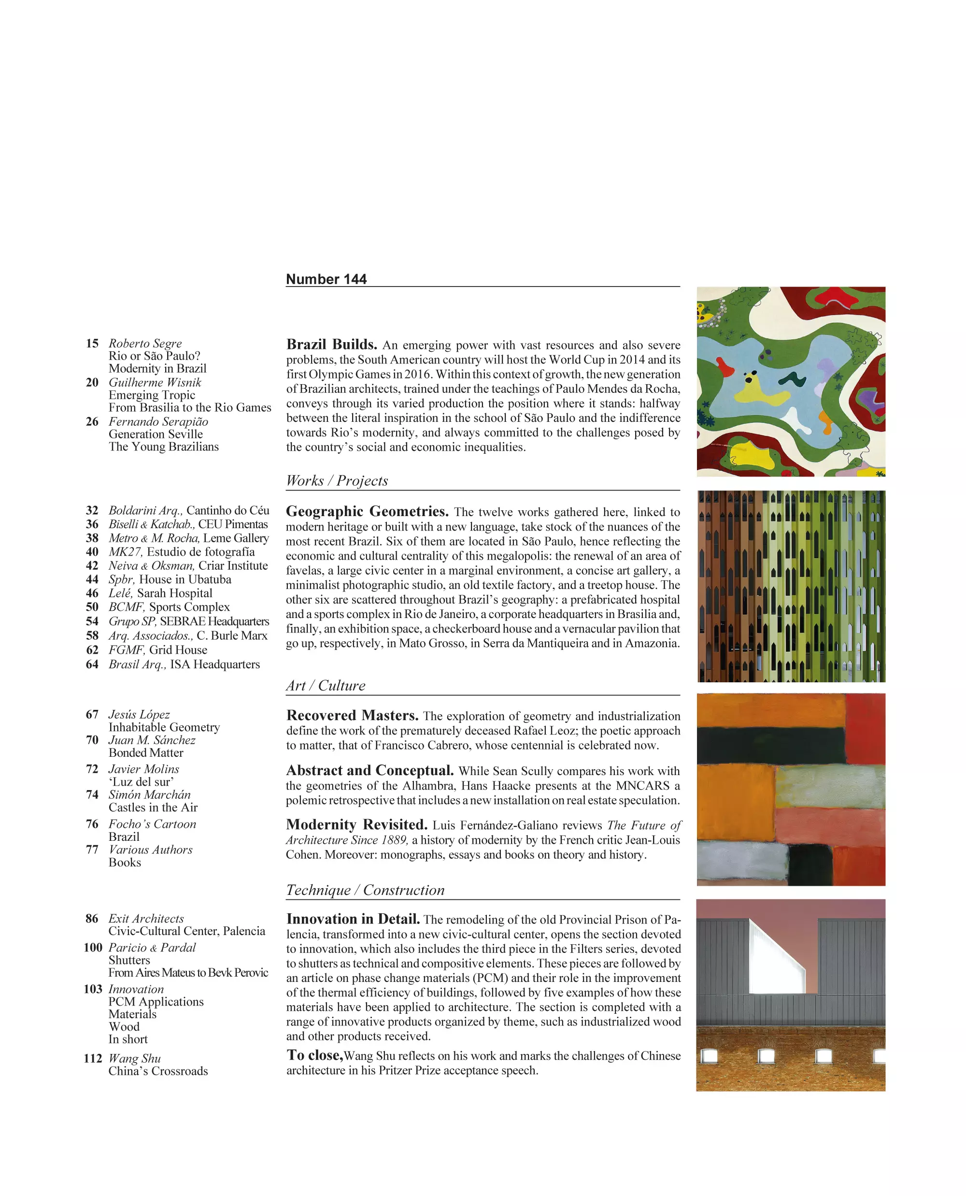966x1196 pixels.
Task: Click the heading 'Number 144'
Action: [326, 279]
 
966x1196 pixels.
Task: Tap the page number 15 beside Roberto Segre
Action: [92, 344]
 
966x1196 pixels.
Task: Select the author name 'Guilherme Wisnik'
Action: [155, 383]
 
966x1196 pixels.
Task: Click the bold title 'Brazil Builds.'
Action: [332, 345]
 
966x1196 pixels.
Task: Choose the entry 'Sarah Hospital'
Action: [175, 593]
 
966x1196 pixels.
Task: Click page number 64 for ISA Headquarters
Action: [92, 664]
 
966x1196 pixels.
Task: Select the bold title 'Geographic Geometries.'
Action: [367, 512]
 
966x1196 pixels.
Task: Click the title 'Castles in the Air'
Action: [153, 807]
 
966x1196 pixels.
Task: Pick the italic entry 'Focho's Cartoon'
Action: [152, 824]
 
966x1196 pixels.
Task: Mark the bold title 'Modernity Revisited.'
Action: [356, 825]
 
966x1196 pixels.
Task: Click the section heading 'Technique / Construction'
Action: [365, 890]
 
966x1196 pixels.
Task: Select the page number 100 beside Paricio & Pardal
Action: [93, 948]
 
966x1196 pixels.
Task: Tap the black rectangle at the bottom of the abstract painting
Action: [810, 864]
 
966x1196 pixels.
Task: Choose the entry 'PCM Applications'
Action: [156, 1002]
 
